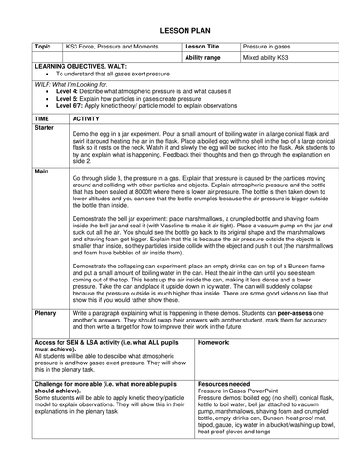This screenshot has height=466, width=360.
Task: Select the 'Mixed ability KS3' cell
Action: click(x=270, y=56)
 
